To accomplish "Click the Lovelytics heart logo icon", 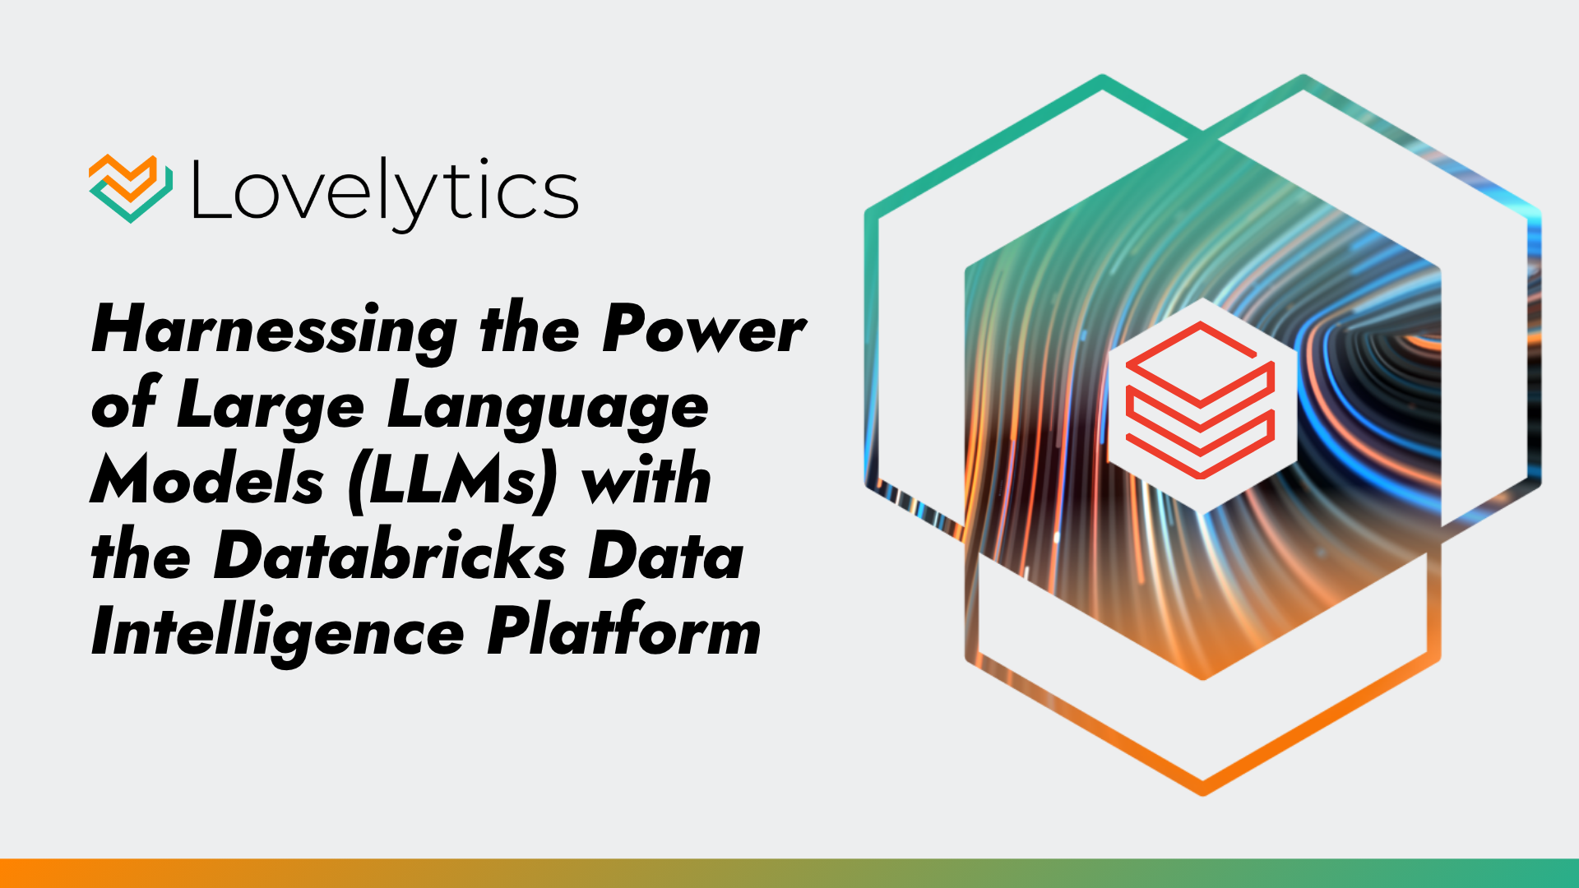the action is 131,188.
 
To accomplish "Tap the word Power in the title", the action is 704,330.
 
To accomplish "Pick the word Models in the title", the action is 207,479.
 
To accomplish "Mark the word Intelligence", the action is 278,635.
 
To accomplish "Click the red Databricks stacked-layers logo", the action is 1200,400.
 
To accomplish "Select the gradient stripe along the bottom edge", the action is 789,873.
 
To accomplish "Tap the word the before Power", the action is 530,330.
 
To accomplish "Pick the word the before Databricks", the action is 141,554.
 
